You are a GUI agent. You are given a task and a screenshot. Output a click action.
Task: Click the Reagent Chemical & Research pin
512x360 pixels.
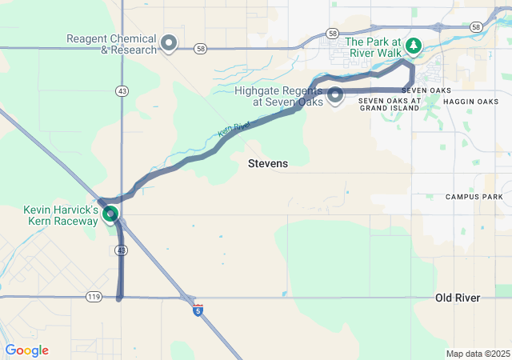169,42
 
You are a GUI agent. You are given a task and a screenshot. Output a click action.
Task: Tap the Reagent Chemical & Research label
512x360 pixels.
112,44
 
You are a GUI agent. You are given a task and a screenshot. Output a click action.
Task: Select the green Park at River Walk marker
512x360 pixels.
414,46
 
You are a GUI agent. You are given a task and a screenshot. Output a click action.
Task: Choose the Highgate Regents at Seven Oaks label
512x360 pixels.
279,96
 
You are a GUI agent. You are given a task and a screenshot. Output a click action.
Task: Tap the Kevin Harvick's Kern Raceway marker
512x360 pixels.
111,214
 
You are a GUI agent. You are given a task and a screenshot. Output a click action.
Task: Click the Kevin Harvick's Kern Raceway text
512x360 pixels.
61,214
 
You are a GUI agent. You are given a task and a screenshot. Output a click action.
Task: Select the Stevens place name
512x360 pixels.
268,163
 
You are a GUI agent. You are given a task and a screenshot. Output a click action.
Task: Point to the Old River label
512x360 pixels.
458,298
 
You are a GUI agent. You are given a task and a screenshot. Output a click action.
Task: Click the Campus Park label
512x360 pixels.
474,197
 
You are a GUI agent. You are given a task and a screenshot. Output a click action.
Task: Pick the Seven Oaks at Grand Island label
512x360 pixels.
389,104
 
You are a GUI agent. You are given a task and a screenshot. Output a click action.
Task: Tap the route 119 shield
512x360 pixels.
94,297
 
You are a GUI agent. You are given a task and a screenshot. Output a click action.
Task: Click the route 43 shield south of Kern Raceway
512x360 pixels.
121,250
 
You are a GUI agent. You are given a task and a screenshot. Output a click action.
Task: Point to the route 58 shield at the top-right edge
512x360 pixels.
476,27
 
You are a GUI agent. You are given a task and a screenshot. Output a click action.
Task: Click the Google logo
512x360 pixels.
26,350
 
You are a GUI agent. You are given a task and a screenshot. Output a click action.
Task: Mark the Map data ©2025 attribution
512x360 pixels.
478,354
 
